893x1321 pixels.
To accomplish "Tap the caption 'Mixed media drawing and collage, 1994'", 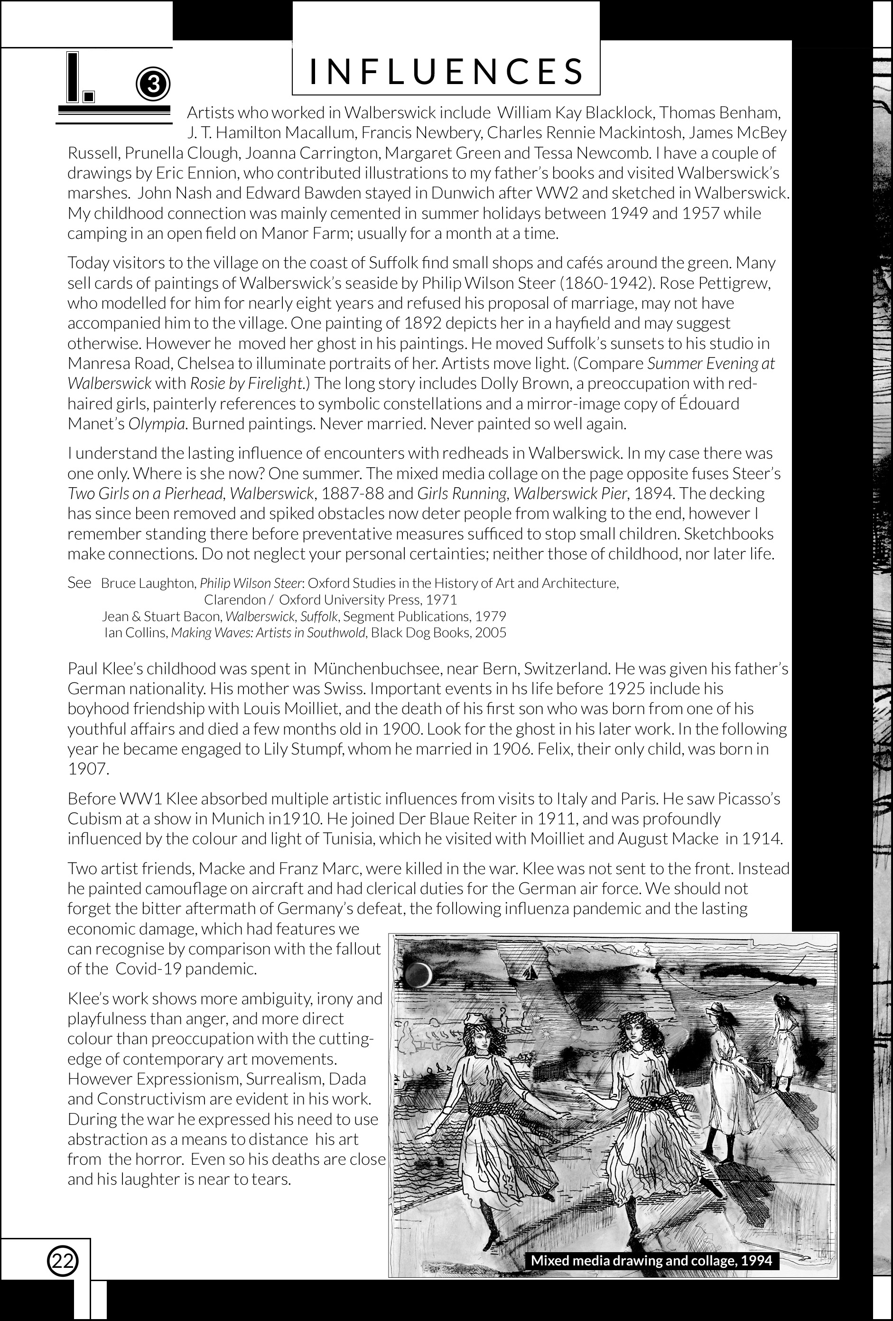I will click(x=651, y=1260).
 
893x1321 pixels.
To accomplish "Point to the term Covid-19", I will click(x=147, y=969).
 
